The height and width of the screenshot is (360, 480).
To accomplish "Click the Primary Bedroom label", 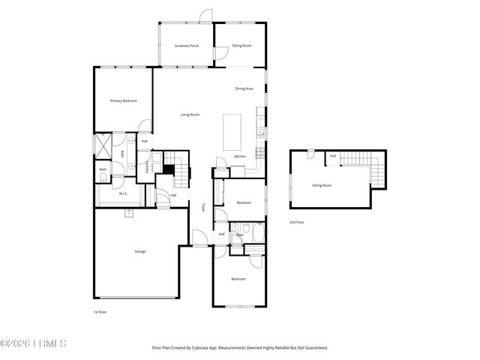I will (x=123, y=100).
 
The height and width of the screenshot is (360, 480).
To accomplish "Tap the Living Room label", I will (x=190, y=115).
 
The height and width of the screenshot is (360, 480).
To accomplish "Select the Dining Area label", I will (x=244, y=88).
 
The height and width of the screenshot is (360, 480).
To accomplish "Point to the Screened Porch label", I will (x=186, y=46).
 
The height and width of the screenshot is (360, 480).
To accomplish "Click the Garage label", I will (x=140, y=251).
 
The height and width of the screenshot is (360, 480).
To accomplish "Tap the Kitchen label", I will (x=240, y=156).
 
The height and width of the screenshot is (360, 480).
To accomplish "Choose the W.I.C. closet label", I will (x=124, y=193).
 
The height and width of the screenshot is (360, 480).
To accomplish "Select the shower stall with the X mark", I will (x=101, y=145).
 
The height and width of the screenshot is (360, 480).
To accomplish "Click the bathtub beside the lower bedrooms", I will (x=258, y=235).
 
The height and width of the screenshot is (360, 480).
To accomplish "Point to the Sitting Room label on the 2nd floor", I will (x=322, y=184).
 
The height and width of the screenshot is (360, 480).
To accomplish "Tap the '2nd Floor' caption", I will (x=297, y=222).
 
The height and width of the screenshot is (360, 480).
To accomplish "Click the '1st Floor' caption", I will (x=100, y=312).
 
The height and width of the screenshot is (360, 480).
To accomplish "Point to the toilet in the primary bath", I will (x=103, y=178).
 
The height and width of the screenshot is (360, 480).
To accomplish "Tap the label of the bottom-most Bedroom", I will (x=238, y=279).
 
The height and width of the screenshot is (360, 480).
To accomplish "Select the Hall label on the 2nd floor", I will (x=333, y=156).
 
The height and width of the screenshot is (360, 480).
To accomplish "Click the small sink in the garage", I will (x=128, y=213).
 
